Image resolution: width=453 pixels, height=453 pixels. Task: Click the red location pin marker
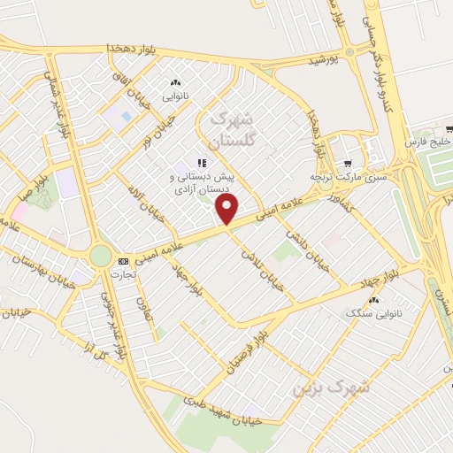(227, 210)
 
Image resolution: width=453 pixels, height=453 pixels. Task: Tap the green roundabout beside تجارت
(101, 257)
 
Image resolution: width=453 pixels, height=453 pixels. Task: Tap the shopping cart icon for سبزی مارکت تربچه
(348, 164)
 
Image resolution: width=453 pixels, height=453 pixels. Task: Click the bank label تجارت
(123, 273)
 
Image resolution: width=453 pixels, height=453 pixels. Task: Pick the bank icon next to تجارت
(123, 261)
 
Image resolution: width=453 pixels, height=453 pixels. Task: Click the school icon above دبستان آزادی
(202, 163)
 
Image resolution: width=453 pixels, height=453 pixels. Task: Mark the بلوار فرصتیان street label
(237, 350)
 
